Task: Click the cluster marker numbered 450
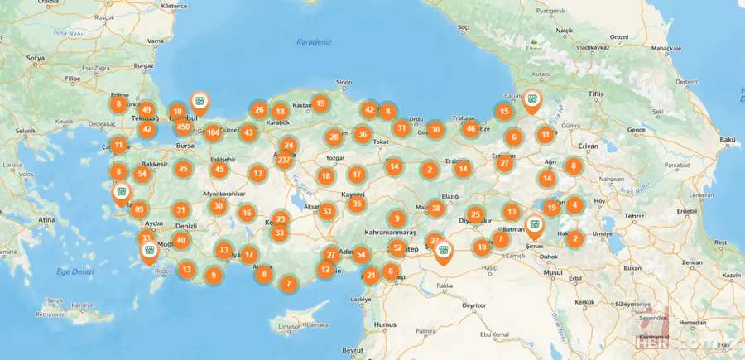pyautogui.click(x=184, y=127)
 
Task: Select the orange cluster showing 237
pyautogui.click(x=284, y=160)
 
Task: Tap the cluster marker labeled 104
pyautogui.click(x=214, y=132)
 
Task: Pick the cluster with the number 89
pyautogui.click(x=139, y=209)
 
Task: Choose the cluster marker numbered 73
pyautogui.click(x=223, y=250)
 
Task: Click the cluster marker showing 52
pyautogui.click(x=398, y=247)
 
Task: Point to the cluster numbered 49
pyautogui.click(x=147, y=109)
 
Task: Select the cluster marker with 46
pyautogui.click(x=470, y=128)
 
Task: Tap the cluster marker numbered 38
pyautogui.click(x=436, y=208)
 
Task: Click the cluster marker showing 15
pyautogui.click(x=504, y=111)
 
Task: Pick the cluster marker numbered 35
pyautogui.click(x=357, y=204)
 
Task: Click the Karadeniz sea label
pyautogui.click(x=315, y=41)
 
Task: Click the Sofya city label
pyautogui.click(x=35, y=59)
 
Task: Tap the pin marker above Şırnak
pyautogui.click(x=535, y=224)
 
